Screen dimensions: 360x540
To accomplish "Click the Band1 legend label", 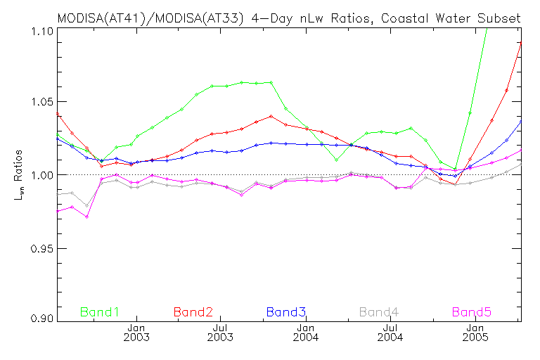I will (100, 311).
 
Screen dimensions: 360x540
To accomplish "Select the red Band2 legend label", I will (193, 311).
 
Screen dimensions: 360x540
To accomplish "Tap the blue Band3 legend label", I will (285, 311).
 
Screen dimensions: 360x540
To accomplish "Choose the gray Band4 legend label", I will (379, 311).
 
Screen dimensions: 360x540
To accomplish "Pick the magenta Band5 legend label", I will (472, 311).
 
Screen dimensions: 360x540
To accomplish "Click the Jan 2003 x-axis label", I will (136, 334).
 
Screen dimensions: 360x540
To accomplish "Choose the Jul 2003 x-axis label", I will (221, 334).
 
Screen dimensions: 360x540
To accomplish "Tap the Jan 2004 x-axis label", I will (306, 334).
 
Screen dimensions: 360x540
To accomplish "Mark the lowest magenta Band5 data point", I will (86, 217).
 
